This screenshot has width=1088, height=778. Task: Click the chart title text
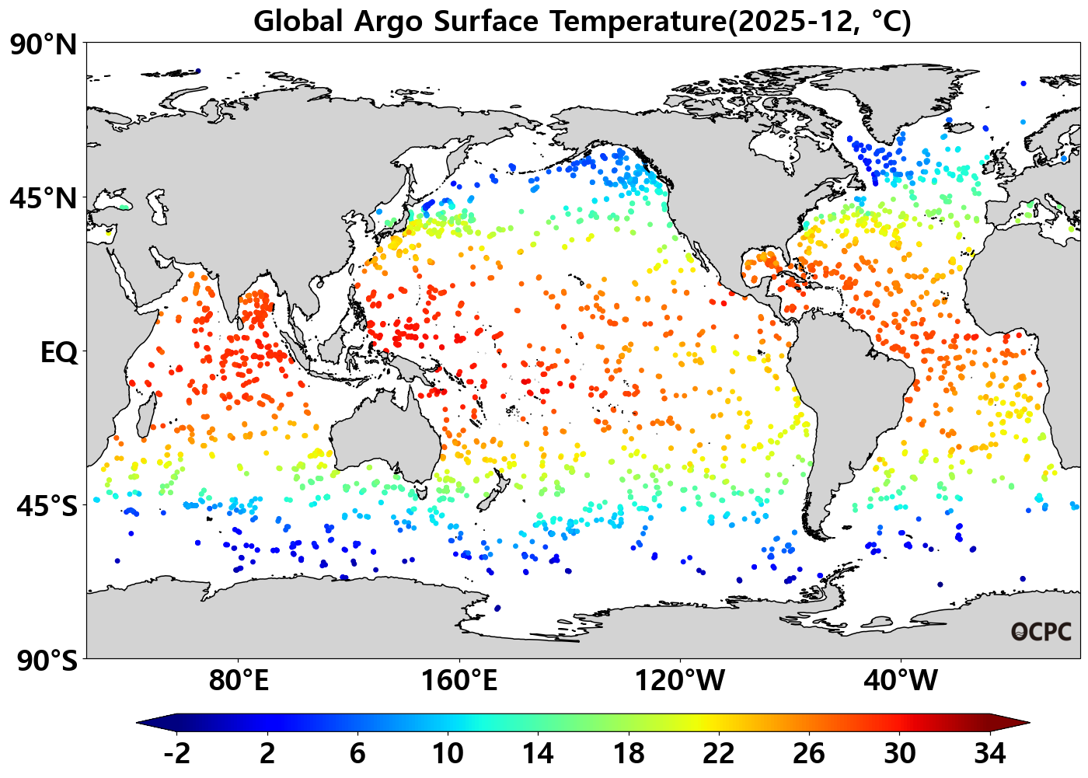tap(582, 21)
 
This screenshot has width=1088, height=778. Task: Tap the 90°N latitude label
tap(44, 44)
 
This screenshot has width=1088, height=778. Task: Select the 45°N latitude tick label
tap(44, 198)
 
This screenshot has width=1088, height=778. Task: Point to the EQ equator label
tap(59, 353)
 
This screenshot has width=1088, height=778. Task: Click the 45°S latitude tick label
tap(47, 506)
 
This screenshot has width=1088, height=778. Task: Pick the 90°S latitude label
tap(47, 661)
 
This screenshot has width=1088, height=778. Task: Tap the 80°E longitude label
tap(239, 681)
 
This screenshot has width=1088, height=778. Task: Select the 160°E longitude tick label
tap(459, 681)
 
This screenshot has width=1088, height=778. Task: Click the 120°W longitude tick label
tap(680, 681)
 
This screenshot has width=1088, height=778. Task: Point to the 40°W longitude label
tap(901, 681)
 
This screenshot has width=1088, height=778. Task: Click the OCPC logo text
tap(1041, 632)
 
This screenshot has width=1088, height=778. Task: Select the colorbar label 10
tap(448, 753)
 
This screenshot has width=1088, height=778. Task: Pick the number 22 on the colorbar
tap(718, 753)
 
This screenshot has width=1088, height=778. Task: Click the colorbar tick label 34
tap(989, 753)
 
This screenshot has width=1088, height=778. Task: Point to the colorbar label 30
tap(899, 753)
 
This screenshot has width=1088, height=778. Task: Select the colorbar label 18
tap(628, 753)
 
